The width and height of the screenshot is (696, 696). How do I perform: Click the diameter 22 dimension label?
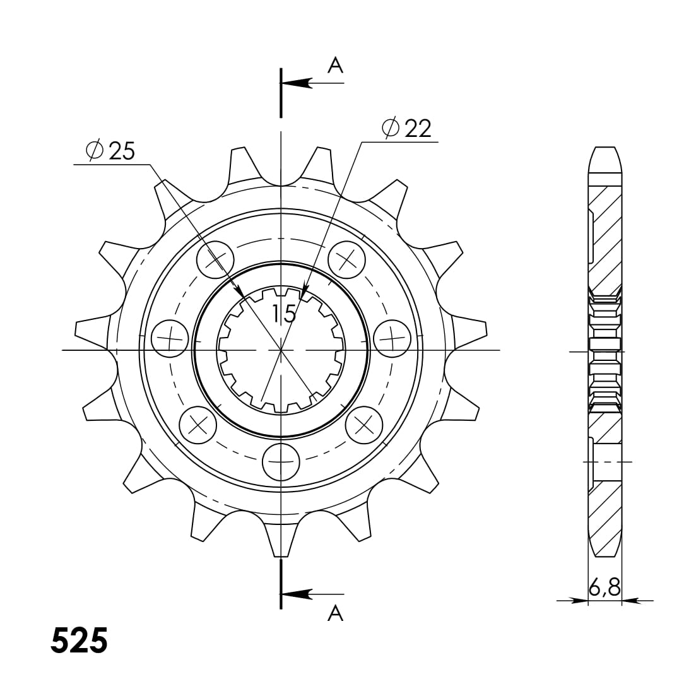coord(408,128)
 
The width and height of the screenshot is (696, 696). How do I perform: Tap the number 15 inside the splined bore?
coord(285,313)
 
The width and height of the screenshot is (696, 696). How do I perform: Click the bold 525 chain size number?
coord(80,641)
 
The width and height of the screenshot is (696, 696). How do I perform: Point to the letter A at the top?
coord(335,65)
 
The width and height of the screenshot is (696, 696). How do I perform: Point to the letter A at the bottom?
coord(335,613)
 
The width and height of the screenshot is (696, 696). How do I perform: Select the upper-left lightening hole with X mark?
coord(215,258)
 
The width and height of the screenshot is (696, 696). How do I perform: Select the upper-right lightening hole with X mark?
coord(346,258)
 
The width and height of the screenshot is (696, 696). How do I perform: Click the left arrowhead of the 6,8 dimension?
coord(580,601)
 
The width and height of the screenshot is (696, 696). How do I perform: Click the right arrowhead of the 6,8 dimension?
coord(630,601)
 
